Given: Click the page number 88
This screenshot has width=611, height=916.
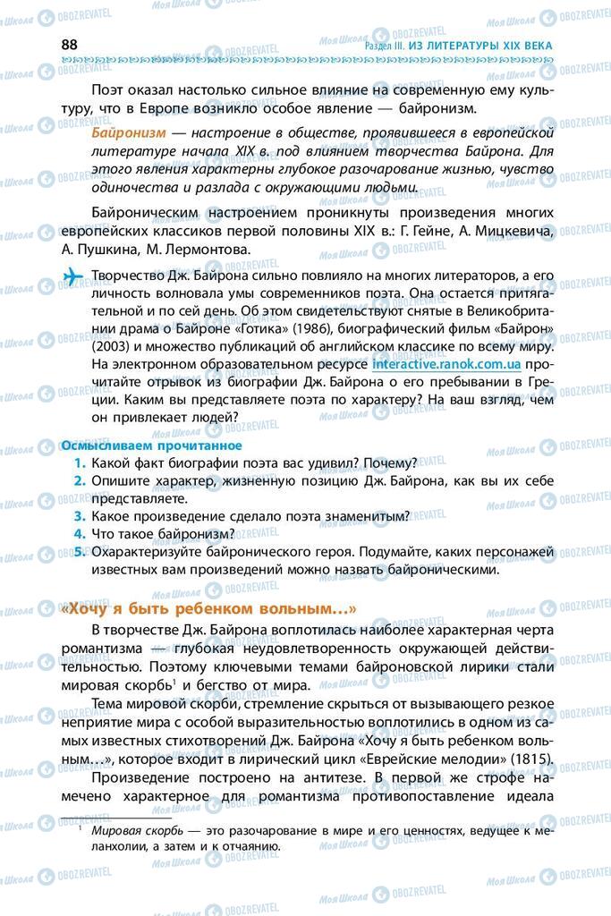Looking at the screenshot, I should [x=71, y=45].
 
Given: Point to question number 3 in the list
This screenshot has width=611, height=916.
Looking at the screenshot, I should [x=80, y=516].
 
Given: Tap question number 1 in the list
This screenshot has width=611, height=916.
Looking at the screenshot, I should [x=80, y=462].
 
